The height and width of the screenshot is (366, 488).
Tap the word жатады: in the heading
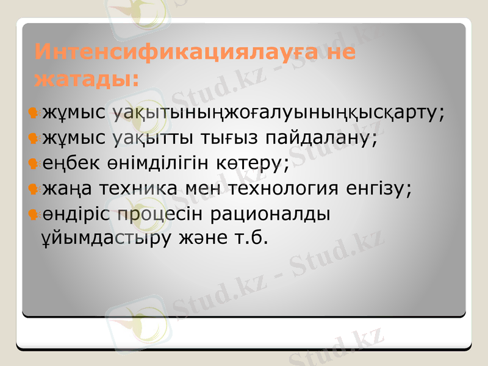pos(85,79)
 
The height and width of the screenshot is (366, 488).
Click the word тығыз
pos(226,138)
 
